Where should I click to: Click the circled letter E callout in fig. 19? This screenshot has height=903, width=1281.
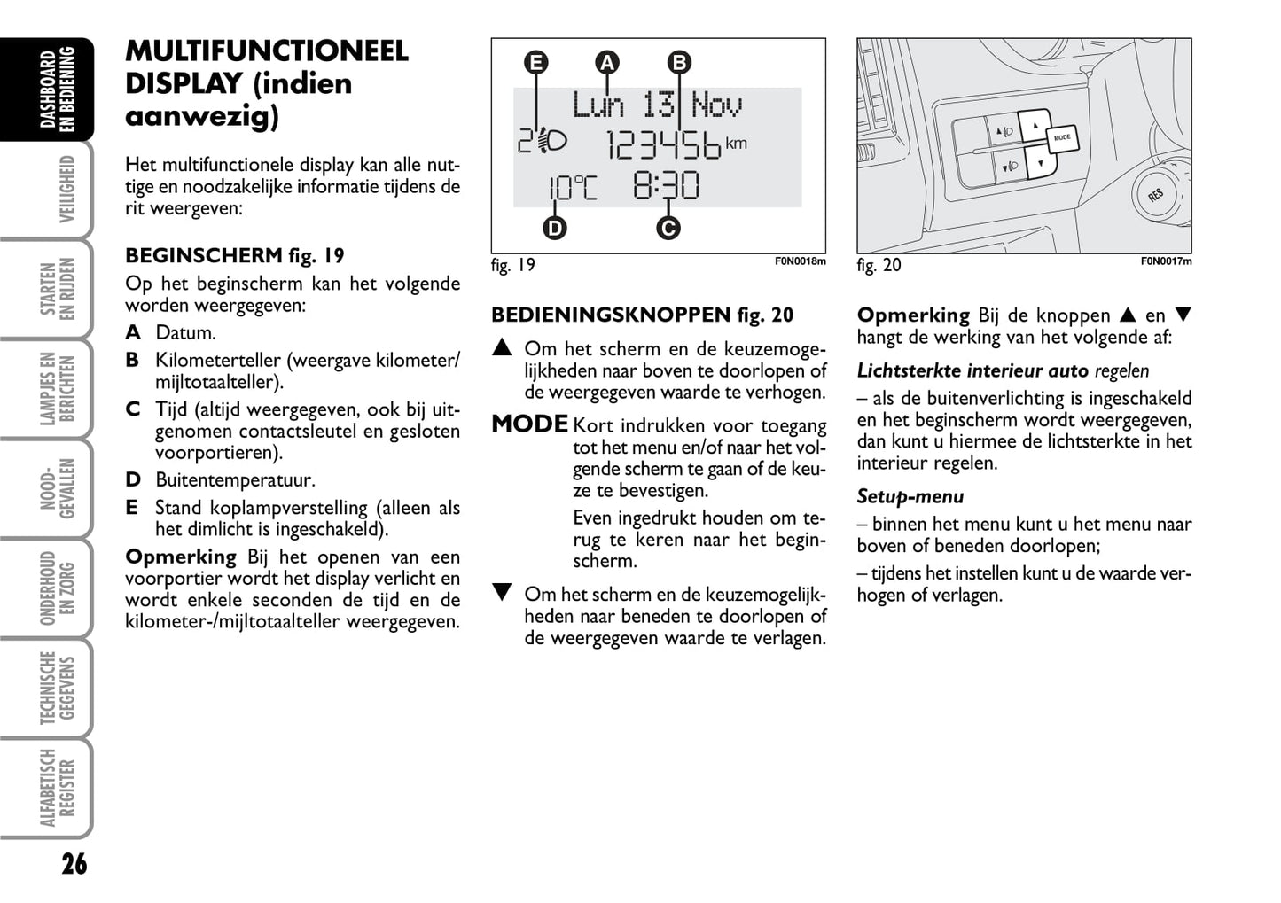(535, 63)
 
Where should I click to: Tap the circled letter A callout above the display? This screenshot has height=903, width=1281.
(607, 63)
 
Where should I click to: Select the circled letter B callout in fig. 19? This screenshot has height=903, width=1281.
(678, 63)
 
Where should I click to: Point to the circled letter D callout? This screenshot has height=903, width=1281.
(554, 229)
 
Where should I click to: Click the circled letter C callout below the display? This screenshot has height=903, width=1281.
(668, 229)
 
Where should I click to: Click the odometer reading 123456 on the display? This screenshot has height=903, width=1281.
(664, 145)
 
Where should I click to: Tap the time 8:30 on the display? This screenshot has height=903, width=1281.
(666, 186)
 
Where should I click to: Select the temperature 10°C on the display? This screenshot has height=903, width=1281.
(572, 188)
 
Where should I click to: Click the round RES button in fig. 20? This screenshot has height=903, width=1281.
(1155, 194)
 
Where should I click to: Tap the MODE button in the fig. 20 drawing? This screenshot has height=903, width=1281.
(1062, 138)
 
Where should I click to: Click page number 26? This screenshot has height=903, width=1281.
(74, 864)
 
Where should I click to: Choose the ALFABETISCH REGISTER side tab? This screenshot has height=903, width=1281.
(59, 788)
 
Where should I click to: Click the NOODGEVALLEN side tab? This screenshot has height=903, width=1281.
(59, 488)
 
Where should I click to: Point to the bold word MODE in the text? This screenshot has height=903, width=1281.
(529, 424)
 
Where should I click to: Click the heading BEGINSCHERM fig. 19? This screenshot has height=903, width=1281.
(234, 256)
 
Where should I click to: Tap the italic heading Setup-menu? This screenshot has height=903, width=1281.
(910, 497)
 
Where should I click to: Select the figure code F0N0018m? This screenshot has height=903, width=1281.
(800, 261)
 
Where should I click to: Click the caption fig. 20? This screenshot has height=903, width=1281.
(879, 265)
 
